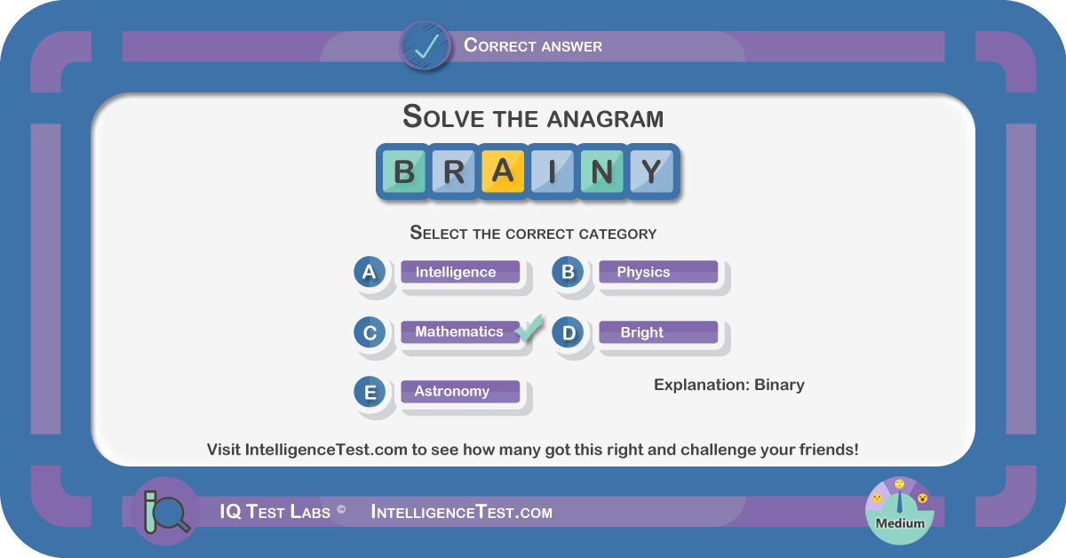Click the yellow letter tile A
point(503,171)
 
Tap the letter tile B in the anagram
point(403,171)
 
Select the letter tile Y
point(651,171)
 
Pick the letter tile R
point(453,171)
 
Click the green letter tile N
point(602,171)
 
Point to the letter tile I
point(552,171)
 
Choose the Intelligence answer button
point(460,272)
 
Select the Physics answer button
point(658,272)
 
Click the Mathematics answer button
point(460,331)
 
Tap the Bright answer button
point(658,331)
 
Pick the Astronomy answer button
point(460,391)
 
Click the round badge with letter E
point(370,393)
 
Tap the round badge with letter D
point(568,332)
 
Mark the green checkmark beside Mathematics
point(529,328)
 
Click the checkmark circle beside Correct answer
point(425,46)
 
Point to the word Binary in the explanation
point(779,385)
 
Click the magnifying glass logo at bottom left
point(165,511)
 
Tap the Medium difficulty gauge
point(899,511)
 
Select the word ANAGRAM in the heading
point(605,118)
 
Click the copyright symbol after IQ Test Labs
point(341,509)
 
